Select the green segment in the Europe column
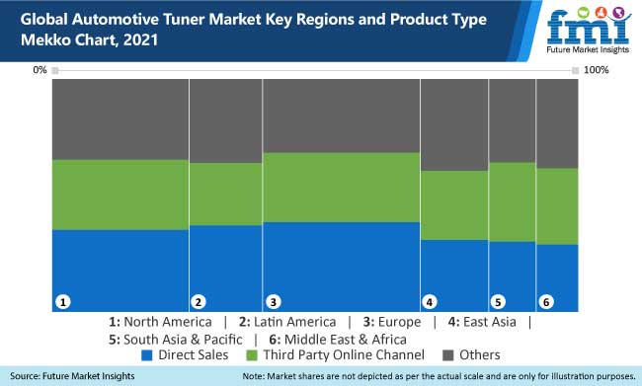pyautogui.click(x=341, y=187)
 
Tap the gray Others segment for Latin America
pyautogui.click(x=225, y=120)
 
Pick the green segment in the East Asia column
pyautogui.click(x=454, y=205)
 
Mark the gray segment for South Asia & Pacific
pyautogui.click(x=512, y=120)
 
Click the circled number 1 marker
pyautogui.click(x=62, y=301)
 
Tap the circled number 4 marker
pyautogui.click(x=430, y=301)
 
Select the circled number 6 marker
pyautogui.click(x=546, y=301)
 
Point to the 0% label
pyautogui.click(x=40, y=70)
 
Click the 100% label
pyautogui.click(x=598, y=70)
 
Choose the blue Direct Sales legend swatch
pyautogui.click(x=148, y=354)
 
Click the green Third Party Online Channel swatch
pyautogui.click(x=251, y=354)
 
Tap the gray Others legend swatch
pyautogui.click(x=447, y=354)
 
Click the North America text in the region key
pyautogui.click(x=167, y=322)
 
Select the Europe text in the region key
pyautogui.click(x=398, y=322)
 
